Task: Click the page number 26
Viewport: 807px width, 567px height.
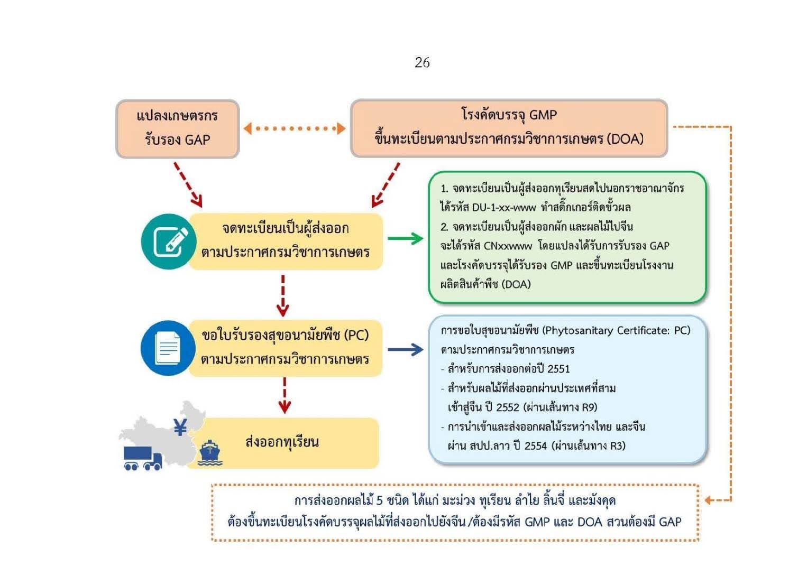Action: coord(422,62)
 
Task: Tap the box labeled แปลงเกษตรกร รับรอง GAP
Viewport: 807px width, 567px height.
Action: coord(177,128)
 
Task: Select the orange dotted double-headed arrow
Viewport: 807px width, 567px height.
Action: coord(294,128)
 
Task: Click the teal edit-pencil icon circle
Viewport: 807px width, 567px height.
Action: coord(169,241)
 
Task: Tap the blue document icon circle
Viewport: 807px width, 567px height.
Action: coord(168,348)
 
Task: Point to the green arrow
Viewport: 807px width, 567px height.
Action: coord(405,239)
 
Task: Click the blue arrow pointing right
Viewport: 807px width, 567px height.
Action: coord(405,349)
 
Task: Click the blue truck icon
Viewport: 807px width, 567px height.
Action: coord(141,458)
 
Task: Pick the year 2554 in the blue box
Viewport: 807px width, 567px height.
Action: coord(535,446)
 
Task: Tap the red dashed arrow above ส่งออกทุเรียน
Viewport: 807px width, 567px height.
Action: coord(285,396)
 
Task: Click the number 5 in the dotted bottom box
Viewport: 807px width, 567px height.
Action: coord(379,500)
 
